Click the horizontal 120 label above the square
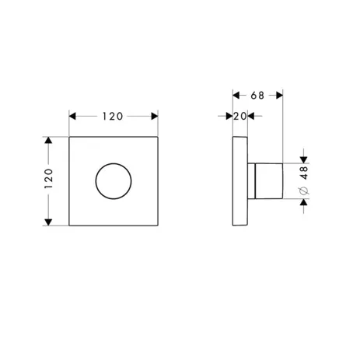tap(114, 116)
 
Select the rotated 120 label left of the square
tap(48, 181)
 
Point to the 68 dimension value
tap(258, 95)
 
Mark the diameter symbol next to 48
tap(304, 189)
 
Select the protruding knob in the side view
tap(268, 181)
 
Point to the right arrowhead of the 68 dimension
tap(281, 95)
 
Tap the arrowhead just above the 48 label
tap(304, 159)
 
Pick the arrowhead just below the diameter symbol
tap(304, 202)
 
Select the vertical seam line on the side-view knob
tap(255, 181)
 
